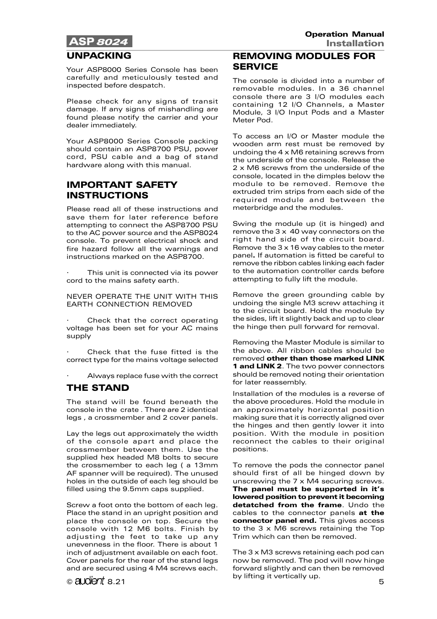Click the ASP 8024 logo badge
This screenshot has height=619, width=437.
point(99,42)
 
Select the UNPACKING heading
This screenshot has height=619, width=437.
point(99,56)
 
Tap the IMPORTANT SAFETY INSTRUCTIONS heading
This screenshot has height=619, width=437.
point(122,190)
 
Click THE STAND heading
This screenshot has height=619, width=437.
point(98,388)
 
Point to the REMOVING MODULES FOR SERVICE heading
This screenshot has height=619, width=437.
point(304,61)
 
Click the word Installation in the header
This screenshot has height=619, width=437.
point(355,44)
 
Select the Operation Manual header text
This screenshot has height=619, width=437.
point(344,34)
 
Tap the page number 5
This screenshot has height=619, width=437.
point(381,582)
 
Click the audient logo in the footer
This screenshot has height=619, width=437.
point(90,582)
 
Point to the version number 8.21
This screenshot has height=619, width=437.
point(116,582)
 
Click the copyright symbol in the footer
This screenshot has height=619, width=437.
point(70,582)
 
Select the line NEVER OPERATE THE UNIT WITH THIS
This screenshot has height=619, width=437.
point(142,296)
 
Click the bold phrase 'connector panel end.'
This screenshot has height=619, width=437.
point(274,520)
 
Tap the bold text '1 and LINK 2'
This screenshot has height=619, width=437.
point(257,366)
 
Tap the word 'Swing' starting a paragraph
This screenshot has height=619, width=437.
point(243,224)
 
